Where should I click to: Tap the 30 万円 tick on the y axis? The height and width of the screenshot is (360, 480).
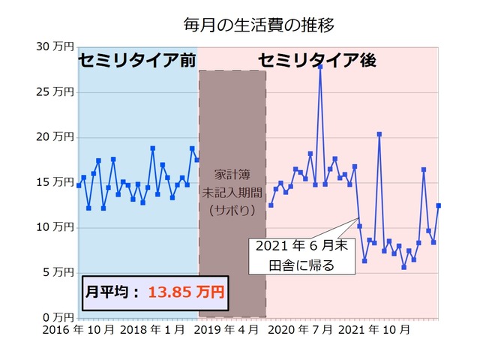pos(54,46)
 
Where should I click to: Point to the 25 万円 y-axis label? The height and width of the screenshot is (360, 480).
pos(54,92)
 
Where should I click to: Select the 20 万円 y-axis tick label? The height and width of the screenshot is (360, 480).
pos(54,137)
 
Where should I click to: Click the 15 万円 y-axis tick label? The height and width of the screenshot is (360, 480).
pos(54,182)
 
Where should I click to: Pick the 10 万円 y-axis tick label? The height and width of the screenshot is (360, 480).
pos(54,227)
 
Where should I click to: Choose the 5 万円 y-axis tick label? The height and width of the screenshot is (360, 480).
pos(57,272)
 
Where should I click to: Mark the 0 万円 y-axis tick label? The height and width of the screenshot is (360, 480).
pos(57,317)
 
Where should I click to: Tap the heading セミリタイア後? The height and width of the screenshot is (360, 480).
pos(316,61)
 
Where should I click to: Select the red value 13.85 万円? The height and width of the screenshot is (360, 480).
pos(185,292)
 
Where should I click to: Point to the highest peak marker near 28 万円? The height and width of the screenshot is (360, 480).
pos(320,67)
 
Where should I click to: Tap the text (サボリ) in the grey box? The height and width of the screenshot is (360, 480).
pos(232,211)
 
